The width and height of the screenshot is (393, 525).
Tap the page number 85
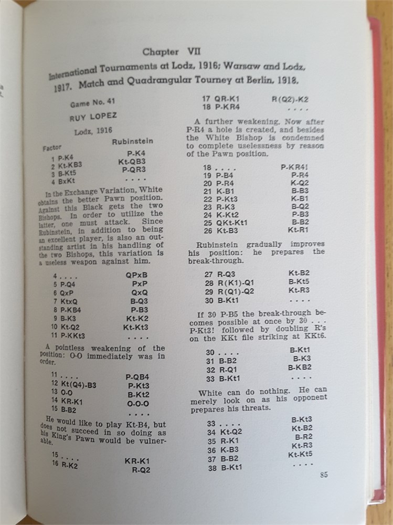[323, 475]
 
